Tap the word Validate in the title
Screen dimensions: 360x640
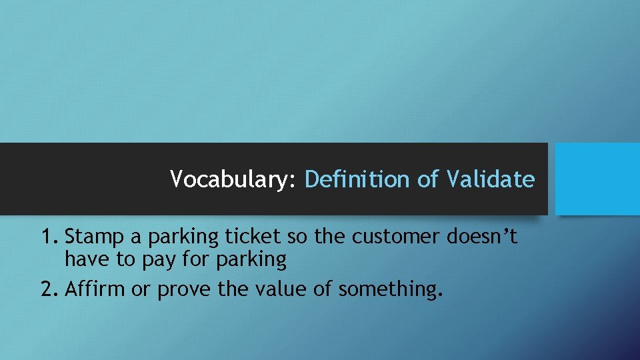490,179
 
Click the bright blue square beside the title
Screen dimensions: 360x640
597,179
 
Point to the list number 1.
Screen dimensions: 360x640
48,237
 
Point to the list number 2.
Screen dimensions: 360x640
49,289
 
